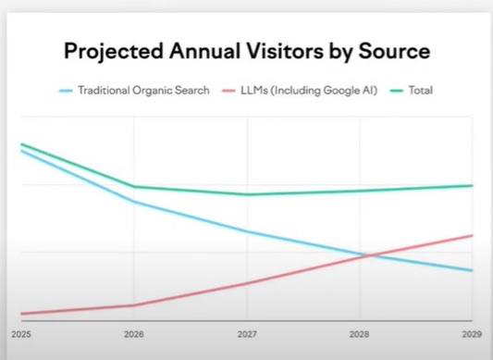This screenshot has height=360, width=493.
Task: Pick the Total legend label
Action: pos(421,91)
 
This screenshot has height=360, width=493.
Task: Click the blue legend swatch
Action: pos(66,91)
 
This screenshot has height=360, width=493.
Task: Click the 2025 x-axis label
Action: pos(20,332)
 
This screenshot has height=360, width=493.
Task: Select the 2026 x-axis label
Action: pos(133,332)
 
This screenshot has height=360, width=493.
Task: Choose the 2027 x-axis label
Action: pos(246,332)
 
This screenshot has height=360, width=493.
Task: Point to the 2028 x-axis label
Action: pos(359,332)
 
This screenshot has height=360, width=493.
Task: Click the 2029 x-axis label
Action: pos(472,332)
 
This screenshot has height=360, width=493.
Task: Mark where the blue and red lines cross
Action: pos(367,255)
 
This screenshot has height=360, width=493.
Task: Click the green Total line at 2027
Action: pos(247,194)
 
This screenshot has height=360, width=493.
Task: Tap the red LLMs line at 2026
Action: pos(134,305)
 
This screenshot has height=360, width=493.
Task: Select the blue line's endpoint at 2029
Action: pos(472,271)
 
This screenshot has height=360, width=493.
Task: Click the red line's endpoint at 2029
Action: pos(472,235)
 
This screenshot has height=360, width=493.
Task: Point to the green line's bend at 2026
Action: pos(134,187)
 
